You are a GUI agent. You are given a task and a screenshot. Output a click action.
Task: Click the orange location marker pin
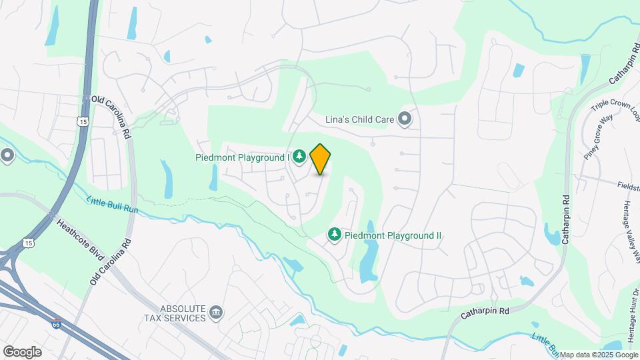click(320, 159)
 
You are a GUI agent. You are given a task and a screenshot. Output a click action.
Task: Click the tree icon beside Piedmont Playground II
click(334, 235)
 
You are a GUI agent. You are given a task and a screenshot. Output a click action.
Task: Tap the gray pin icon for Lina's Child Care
click(404, 119)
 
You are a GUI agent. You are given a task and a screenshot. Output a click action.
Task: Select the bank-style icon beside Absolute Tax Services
click(216, 312)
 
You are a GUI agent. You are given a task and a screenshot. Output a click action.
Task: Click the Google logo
click(22, 351)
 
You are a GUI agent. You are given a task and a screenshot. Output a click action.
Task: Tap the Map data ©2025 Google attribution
click(599, 355)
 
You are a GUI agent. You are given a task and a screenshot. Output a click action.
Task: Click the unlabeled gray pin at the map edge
click(7, 156)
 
